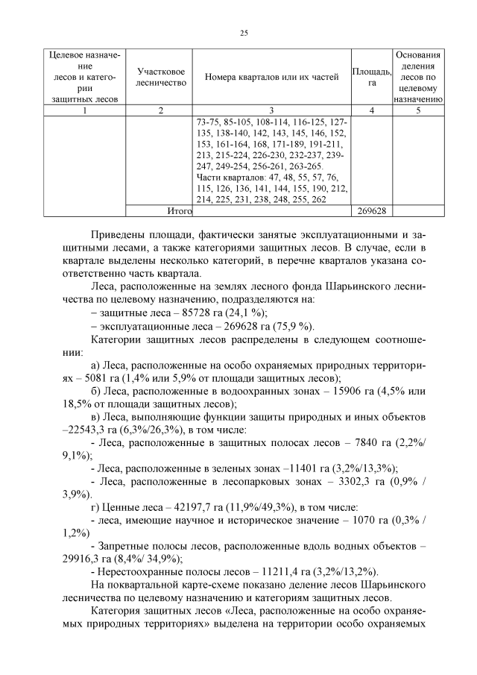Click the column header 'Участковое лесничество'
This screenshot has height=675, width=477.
pos(160,77)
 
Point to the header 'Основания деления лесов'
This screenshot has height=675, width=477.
pos(418,77)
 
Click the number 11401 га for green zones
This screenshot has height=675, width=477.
pos(290,469)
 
